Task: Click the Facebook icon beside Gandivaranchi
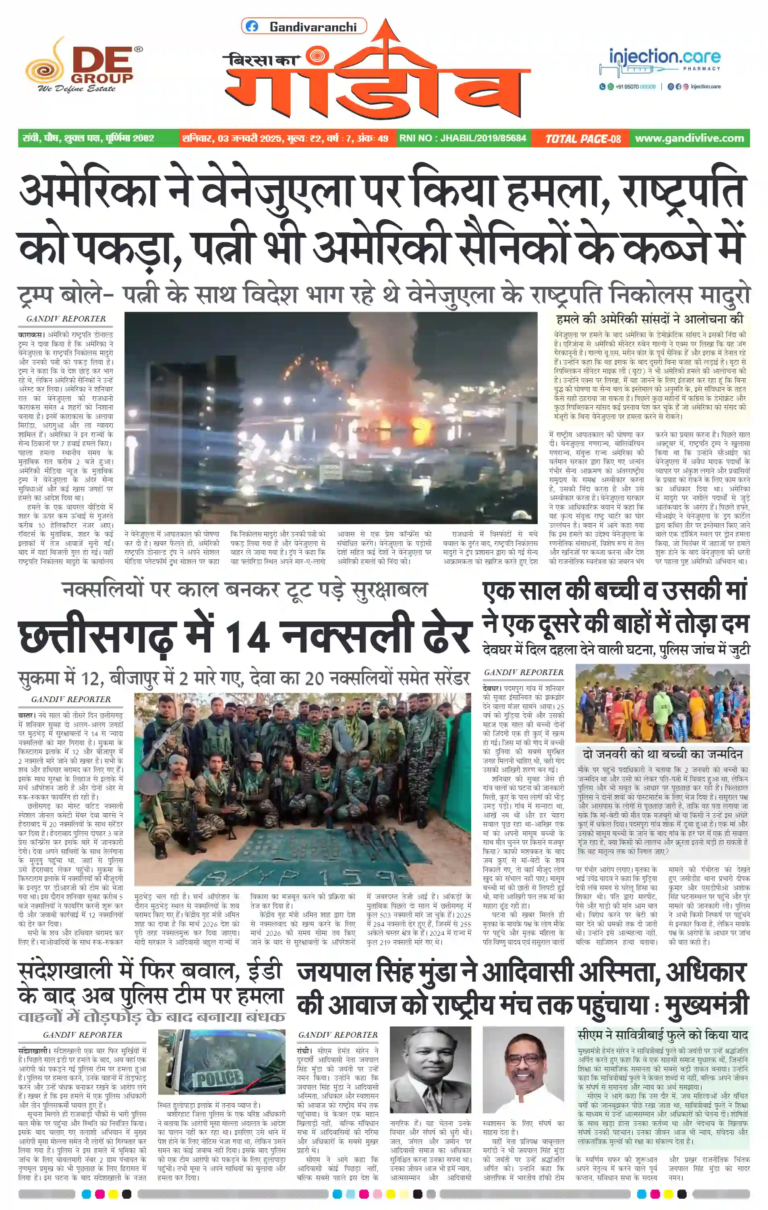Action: click(x=252, y=27)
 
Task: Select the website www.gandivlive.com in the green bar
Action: click(x=689, y=138)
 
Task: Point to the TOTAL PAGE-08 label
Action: click(x=583, y=139)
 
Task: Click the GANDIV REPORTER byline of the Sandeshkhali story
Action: click(x=83, y=1035)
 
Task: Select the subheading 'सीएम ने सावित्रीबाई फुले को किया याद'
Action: click(x=662, y=1035)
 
